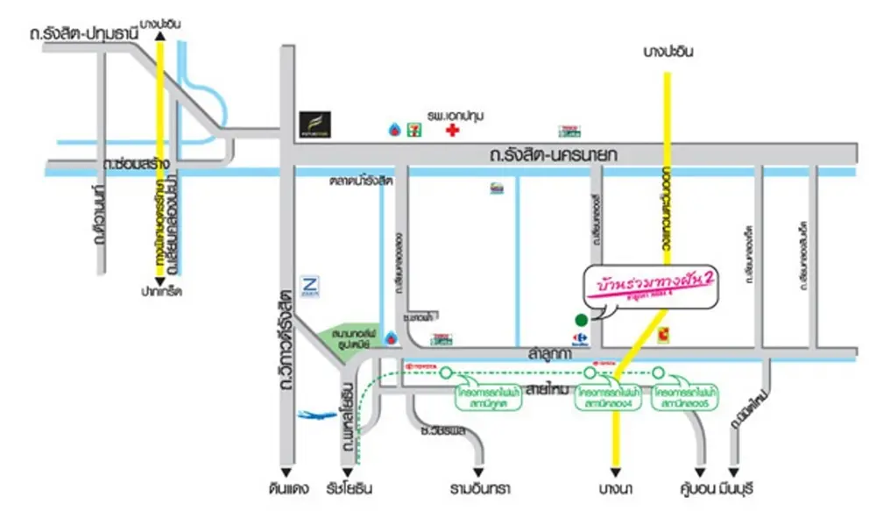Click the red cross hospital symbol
coord(452,131)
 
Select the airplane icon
coord(312,416)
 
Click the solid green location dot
coord(579,319)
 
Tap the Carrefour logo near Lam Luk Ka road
coord(579,337)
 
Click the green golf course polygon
coord(347,338)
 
